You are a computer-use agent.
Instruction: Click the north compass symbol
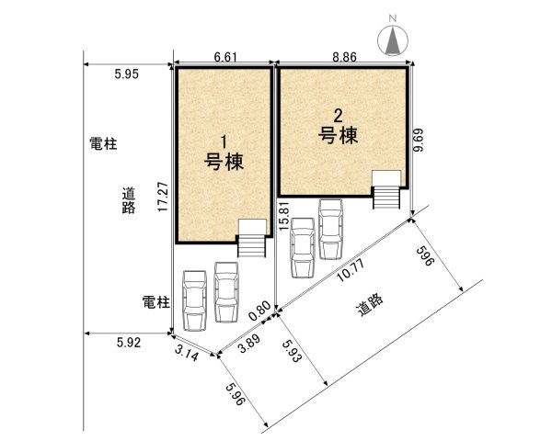(x=393, y=38)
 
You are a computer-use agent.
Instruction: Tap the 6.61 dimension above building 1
(x=226, y=57)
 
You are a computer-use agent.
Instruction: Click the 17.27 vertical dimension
(x=163, y=197)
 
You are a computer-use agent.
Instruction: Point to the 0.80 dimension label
(x=262, y=310)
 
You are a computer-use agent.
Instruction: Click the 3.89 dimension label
(x=248, y=346)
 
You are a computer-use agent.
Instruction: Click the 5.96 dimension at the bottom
(x=235, y=398)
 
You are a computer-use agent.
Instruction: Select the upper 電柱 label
(x=103, y=144)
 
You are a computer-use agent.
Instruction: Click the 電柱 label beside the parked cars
(x=156, y=301)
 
